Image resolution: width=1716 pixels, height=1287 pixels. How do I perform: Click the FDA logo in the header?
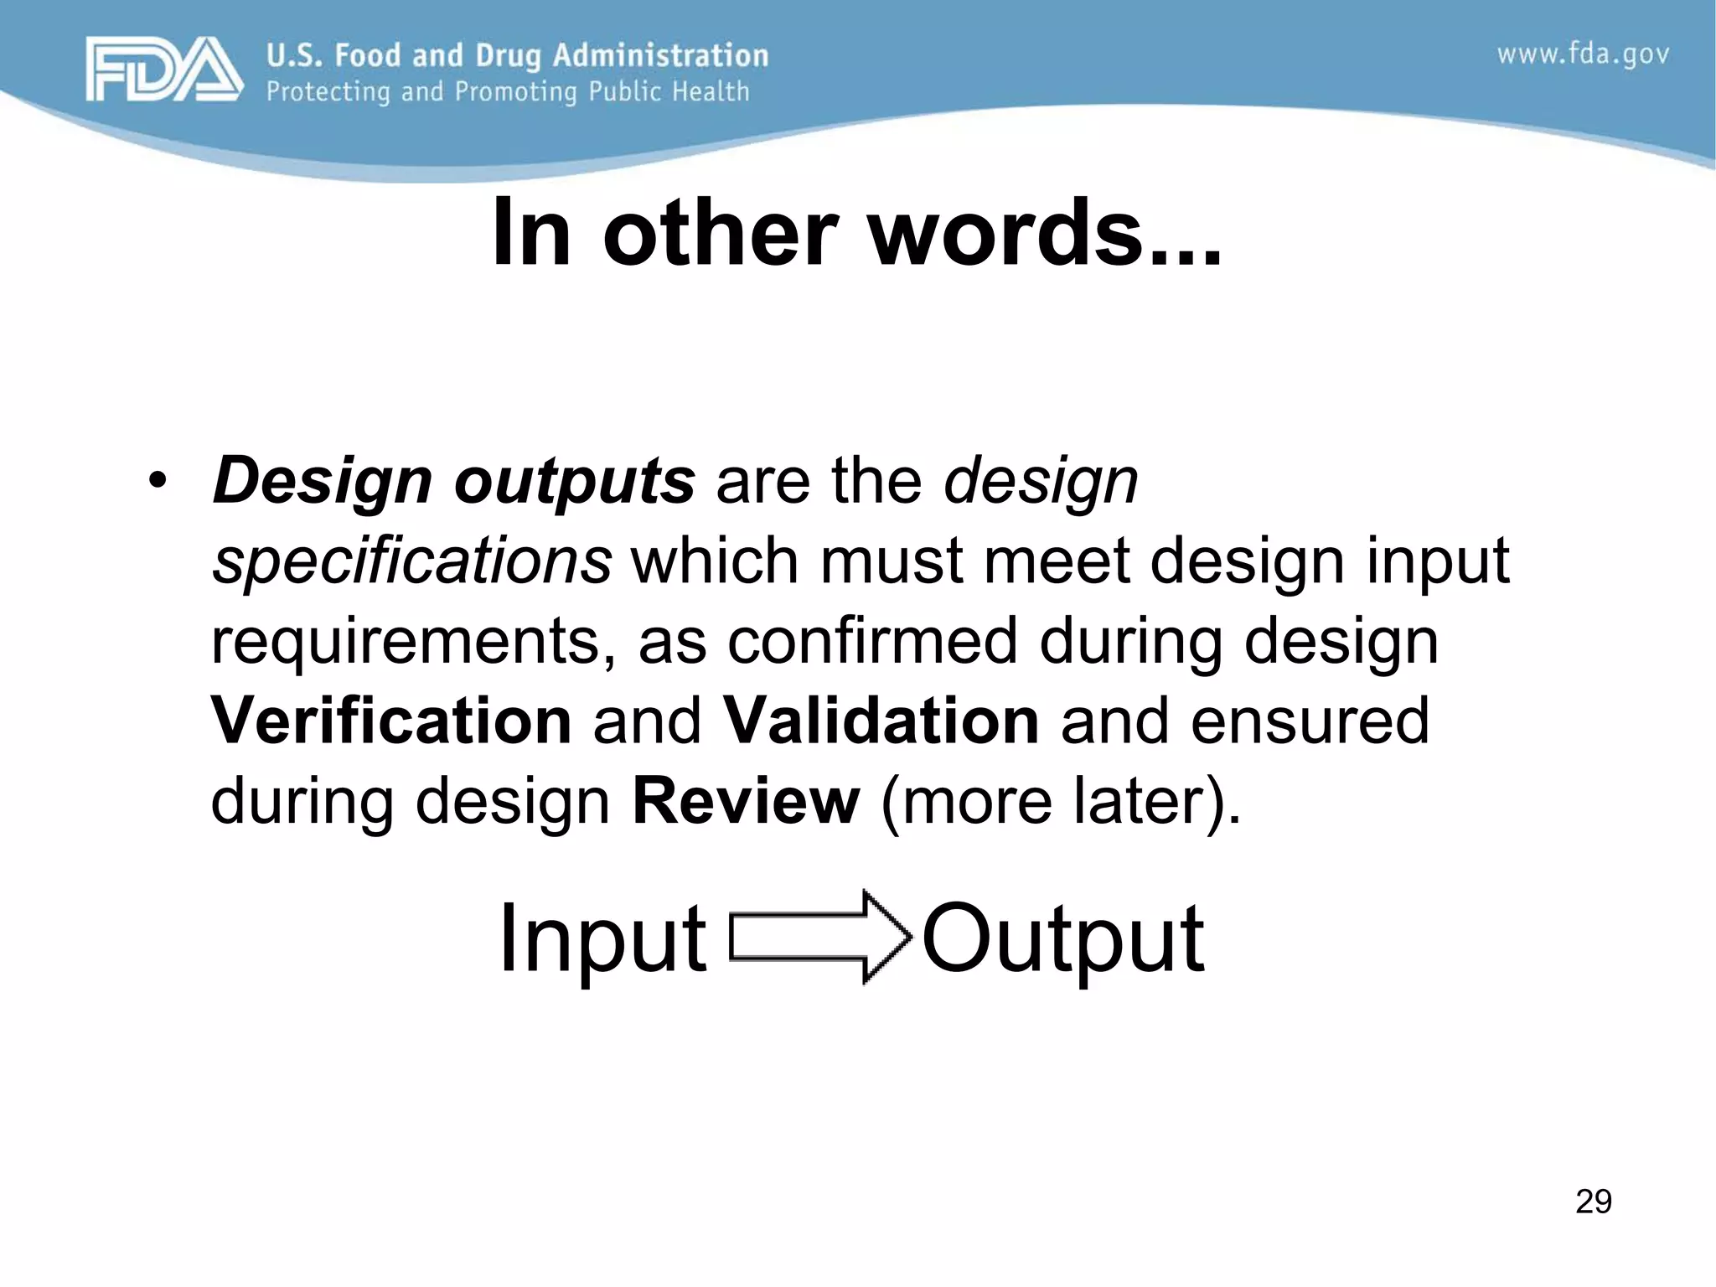click(164, 70)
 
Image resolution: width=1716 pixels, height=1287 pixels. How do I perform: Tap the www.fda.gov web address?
click(1583, 55)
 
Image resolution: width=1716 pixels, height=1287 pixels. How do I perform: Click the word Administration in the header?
click(660, 55)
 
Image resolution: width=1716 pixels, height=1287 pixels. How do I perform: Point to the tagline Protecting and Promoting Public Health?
click(508, 91)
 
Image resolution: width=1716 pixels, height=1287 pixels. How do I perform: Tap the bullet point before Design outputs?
click(157, 482)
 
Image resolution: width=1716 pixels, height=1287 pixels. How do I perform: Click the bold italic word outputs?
click(574, 482)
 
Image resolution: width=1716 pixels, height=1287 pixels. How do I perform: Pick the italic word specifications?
click(411, 561)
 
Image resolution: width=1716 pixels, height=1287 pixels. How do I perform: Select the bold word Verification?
click(391, 721)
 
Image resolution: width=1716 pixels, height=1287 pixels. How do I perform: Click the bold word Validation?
click(881, 721)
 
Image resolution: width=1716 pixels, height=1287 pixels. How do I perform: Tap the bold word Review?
click(746, 801)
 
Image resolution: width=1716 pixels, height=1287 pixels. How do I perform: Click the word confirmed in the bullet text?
click(871, 642)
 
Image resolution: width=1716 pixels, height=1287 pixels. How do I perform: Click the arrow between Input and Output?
click(819, 937)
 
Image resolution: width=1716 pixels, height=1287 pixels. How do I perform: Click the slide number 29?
click(1593, 1202)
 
